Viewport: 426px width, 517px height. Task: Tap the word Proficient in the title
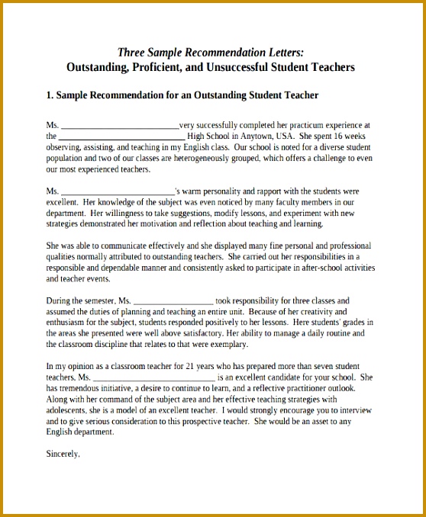point(155,67)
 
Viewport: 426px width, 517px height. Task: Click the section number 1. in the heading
point(50,95)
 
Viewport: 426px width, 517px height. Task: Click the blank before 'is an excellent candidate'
point(153,377)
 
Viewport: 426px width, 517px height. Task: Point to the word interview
point(354,410)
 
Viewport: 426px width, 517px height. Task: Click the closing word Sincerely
point(63,454)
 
